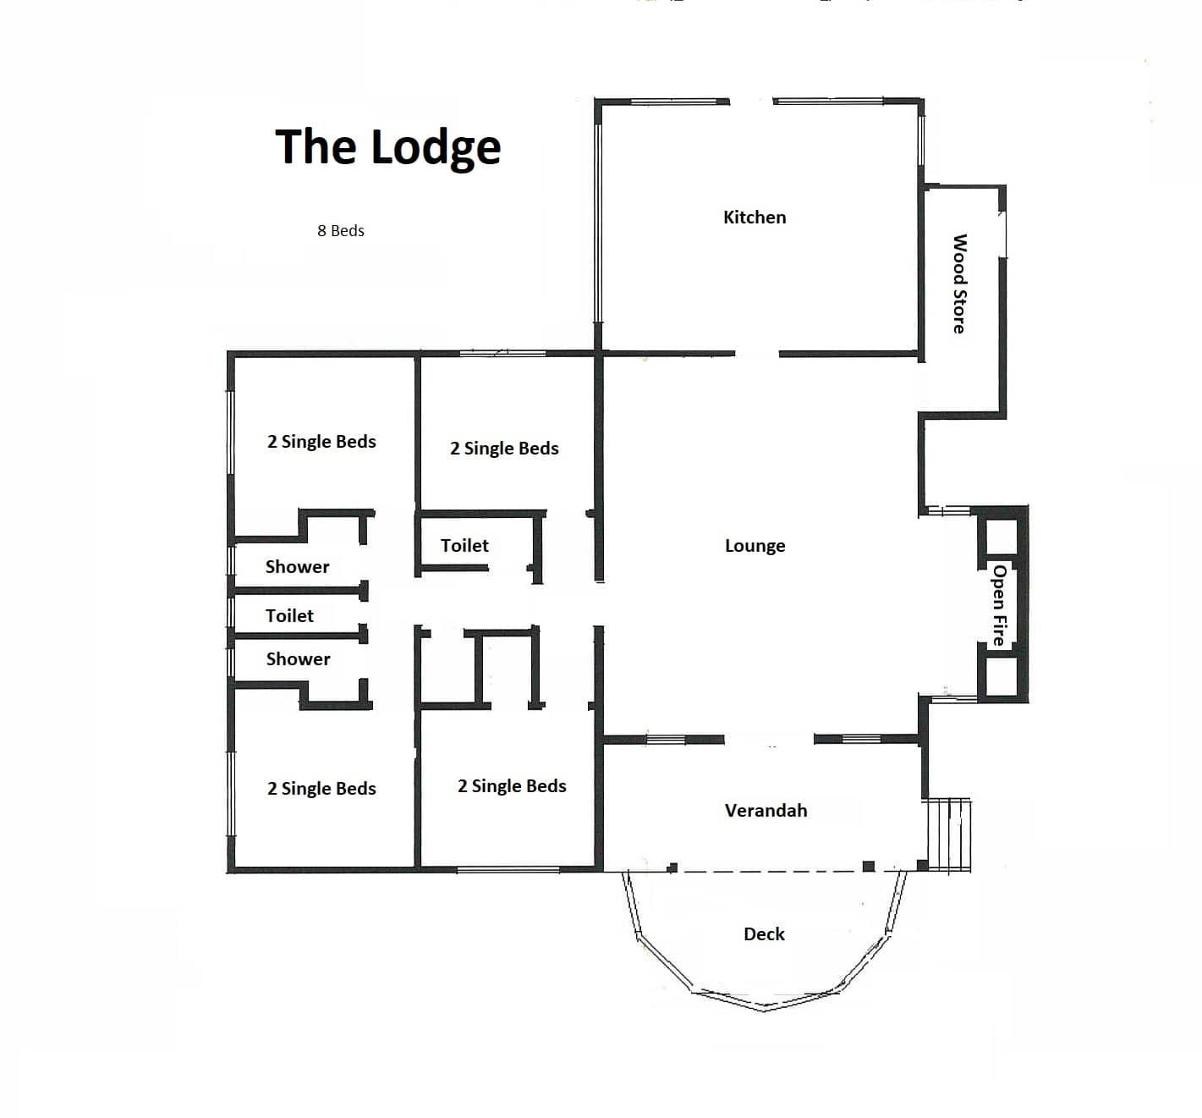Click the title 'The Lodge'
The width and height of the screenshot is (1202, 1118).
[x=388, y=147]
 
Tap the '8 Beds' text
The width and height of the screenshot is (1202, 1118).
[x=341, y=231]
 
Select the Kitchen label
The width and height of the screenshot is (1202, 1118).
[x=755, y=218]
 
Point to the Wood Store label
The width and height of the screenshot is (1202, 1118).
[x=959, y=284]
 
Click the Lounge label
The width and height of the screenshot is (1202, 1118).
[x=755, y=546]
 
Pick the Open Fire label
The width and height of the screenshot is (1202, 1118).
[x=999, y=605]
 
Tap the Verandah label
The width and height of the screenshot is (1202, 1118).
[x=766, y=810]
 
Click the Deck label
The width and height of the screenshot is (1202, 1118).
[x=764, y=934]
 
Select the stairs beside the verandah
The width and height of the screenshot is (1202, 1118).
[x=949, y=835]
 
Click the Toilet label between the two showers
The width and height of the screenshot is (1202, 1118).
[x=289, y=616]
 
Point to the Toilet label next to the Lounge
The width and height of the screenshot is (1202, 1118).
[x=464, y=546]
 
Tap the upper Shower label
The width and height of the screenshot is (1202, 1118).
[x=297, y=567]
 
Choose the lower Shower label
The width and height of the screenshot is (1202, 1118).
[x=298, y=659]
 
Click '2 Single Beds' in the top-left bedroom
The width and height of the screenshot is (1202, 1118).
[x=321, y=442]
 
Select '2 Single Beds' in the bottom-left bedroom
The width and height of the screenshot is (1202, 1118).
[x=321, y=789]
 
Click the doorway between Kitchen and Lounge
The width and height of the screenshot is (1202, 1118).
[x=756, y=354]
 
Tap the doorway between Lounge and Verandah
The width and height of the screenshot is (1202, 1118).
[x=769, y=739]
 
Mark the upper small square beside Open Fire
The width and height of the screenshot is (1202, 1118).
[x=1002, y=537]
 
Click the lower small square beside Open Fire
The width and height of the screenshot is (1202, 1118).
[x=1002, y=676]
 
